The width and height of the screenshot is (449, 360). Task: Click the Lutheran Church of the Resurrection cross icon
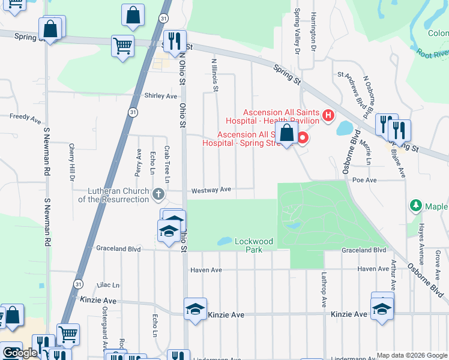click(158, 194)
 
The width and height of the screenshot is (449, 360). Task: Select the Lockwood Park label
click(254, 245)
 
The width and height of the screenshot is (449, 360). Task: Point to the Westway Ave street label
click(211, 190)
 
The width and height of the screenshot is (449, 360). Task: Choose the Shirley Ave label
click(161, 96)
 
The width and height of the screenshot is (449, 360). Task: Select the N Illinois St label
click(214, 75)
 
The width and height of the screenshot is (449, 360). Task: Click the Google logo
click(19, 353)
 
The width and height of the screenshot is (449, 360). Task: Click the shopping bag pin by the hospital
click(288, 133)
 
